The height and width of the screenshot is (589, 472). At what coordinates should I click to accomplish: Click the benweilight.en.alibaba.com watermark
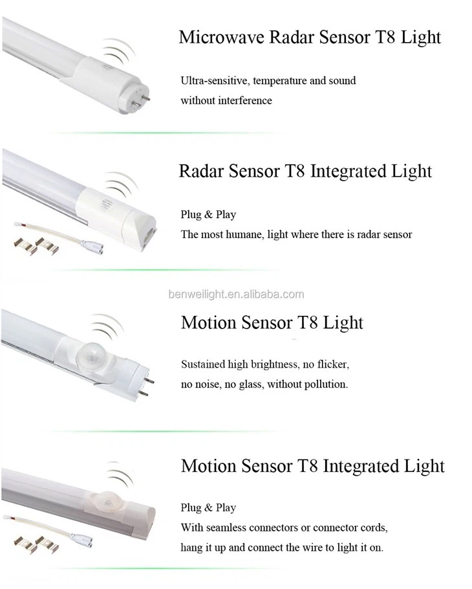[x=235, y=294]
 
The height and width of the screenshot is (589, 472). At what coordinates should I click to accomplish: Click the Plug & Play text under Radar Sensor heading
[x=208, y=215]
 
